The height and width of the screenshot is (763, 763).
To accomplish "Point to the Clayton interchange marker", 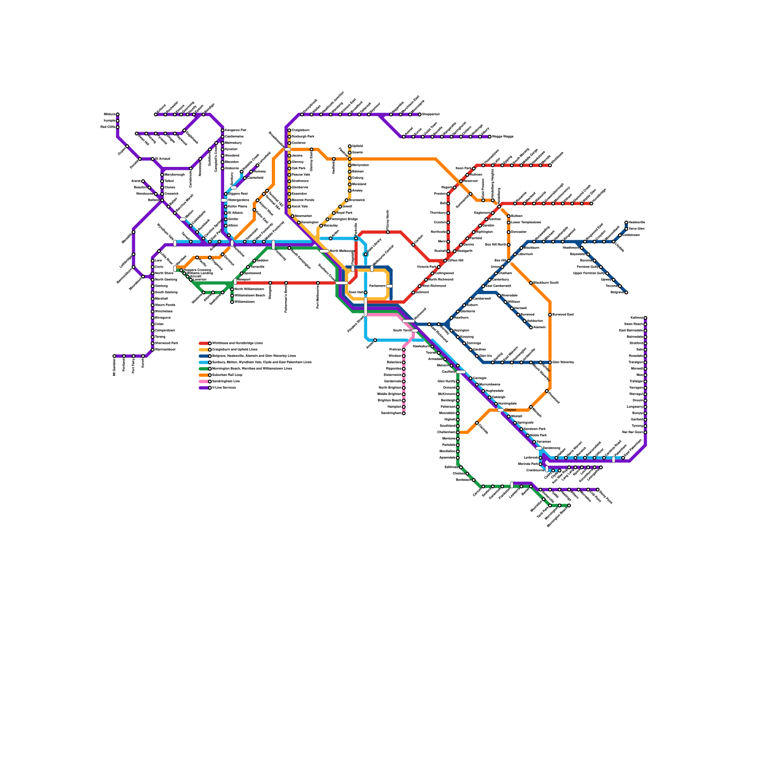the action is pyautogui.click(x=500, y=410).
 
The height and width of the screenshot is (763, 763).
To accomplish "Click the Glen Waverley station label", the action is pyautogui.click(x=563, y=362).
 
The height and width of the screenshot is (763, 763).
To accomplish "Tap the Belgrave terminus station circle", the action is pyautogui.click(x=626, y=292).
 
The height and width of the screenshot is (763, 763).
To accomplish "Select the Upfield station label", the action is pyautogui.click(x=357, y=146).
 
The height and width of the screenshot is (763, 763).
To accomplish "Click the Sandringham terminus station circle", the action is pyautogui.click(x=403, y=413).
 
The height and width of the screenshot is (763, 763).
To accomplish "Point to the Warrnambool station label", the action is pyautogui.click(x=165, y=350).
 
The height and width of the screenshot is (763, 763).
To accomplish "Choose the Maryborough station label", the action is pyautogui.click(x=175, y=175).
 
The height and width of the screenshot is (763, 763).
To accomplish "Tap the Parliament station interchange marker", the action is pyautogui.click(x=389, y=286).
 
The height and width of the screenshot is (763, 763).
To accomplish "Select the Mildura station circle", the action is pyautogui.click(x=118, y=114).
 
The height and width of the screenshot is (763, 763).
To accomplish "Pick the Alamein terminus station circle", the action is pyautogui.click(x=531, y=328).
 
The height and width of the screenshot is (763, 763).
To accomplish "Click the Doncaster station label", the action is pyautogui.click(x=519, y=232).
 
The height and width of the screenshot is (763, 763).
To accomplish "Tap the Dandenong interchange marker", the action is pyautogui.click(x=539, y=448).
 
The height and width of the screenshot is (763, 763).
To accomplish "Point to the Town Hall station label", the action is pyautogui.click(x=356, y=292).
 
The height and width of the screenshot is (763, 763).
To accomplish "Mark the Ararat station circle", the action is pyautogui.click(x=143, y=181).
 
